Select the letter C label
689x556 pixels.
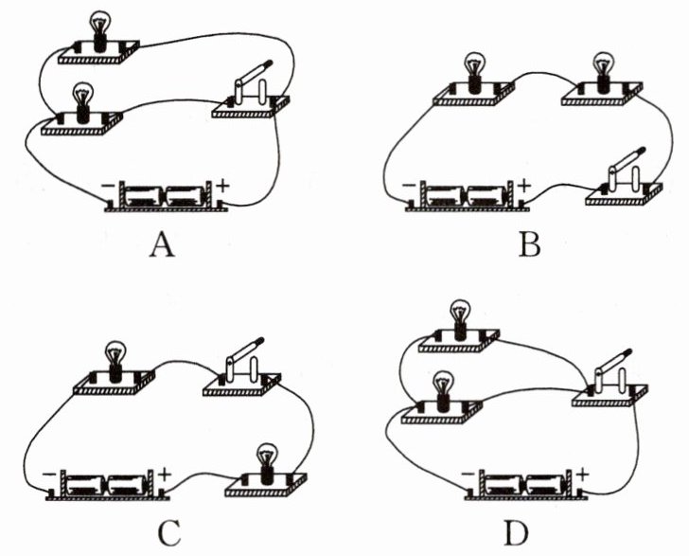[x=169, y=532]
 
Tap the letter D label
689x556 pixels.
[x=517, y=532]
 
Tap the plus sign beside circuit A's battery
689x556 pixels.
[x=222, y=186]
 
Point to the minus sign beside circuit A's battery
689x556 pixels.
[x=108, y=186]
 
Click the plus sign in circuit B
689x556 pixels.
[x=523, y=186]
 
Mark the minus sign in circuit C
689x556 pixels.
[x=49, y=475]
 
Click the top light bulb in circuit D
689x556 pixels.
[x=460, y=319]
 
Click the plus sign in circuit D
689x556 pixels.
[x=582, y=475]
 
